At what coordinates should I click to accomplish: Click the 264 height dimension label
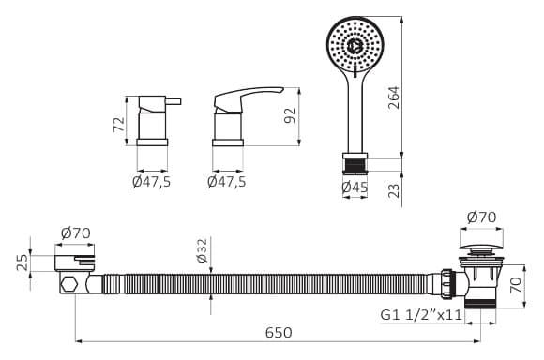[394, 97]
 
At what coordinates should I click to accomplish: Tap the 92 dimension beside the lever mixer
[290, 115]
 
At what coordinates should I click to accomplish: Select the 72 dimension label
[119, 124]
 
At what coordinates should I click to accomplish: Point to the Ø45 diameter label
[355, 187]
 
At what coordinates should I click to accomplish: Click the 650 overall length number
[279, 333]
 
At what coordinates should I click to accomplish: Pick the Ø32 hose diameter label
[202, 250]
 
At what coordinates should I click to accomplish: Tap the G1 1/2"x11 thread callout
[421, 315]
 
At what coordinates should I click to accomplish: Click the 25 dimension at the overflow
[22, 262]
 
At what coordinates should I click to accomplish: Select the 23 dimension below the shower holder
[394, 190]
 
